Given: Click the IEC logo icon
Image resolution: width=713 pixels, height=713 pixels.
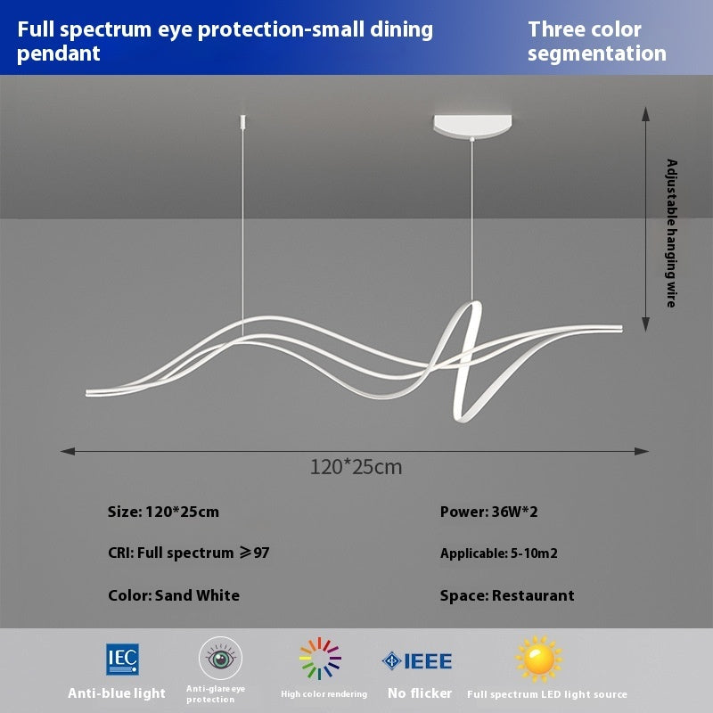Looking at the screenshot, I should point(122,660).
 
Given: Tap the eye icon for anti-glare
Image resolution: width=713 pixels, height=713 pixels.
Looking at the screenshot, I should point(220,660).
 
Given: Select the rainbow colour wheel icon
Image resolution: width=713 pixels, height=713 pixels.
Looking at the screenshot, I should point(320,660).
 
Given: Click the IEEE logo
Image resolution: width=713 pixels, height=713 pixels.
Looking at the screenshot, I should point(417,661).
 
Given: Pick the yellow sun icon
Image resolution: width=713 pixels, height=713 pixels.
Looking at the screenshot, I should point(539,660).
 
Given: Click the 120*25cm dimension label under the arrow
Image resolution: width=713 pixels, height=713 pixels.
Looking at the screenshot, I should point(356,466).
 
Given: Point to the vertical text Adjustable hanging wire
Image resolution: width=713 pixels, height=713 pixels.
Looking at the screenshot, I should point(672,234).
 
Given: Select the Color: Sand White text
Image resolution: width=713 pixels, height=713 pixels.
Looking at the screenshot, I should point(174,595).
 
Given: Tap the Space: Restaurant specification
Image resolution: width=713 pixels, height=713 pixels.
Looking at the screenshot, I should point(507,595).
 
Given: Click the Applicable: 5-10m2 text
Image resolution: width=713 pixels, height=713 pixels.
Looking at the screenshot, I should point(499,553).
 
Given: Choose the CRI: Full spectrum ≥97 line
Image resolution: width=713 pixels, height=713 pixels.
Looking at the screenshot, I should point(189,553).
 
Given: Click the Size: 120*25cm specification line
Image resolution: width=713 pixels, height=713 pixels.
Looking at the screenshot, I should point(163,512).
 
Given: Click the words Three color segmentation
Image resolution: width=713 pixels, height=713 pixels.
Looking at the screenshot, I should point(596,41).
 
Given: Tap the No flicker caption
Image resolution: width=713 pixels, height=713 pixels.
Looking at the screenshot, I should point(419,693).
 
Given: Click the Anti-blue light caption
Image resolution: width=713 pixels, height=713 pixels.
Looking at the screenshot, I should point(117,693).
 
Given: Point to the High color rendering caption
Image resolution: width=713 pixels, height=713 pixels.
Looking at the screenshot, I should point(324,693).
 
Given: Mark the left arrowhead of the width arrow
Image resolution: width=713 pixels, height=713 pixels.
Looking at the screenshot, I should point(66,451).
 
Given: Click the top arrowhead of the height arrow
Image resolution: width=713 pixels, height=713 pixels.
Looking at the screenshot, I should point(647,111).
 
